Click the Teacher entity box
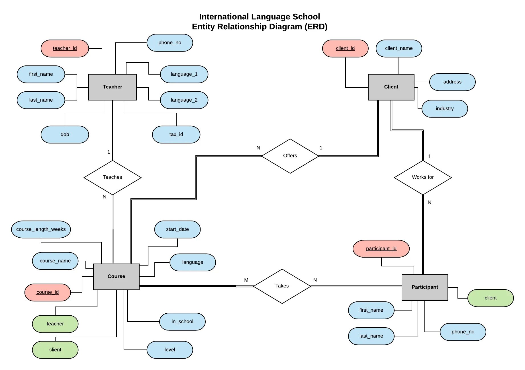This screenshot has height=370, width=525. click(x=113, y=87)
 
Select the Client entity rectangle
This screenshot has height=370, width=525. click(x=391, y=87)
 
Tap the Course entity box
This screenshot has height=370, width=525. click(x=116, y=277)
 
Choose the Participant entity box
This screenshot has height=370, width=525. click(x=425, y=287)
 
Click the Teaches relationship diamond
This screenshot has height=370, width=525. click(x=113, y=177)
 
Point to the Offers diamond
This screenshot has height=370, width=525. click(x=290, y=156)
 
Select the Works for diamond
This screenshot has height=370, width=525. click(x=423, y=177)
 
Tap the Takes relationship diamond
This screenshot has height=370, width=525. click(x=282, y=286)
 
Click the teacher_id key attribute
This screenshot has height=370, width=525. click(x=65, y=48)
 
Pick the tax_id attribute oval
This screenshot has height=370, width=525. click(x=176, y=135)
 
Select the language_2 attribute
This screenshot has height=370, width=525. click(x=184, y=100)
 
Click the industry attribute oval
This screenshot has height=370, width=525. click(x=445, y=109)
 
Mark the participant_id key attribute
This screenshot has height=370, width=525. click(x=381, y=249)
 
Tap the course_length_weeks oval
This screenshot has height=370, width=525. click(x=41, y=229)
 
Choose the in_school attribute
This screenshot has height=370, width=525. click(x=182, y=322)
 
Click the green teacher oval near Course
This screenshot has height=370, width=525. click(x=55, y=324)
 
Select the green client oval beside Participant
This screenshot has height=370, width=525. click(x=491, y=298)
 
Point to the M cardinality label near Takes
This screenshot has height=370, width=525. click(x=246, y=280)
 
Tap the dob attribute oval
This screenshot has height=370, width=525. click(x=65, y=135)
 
